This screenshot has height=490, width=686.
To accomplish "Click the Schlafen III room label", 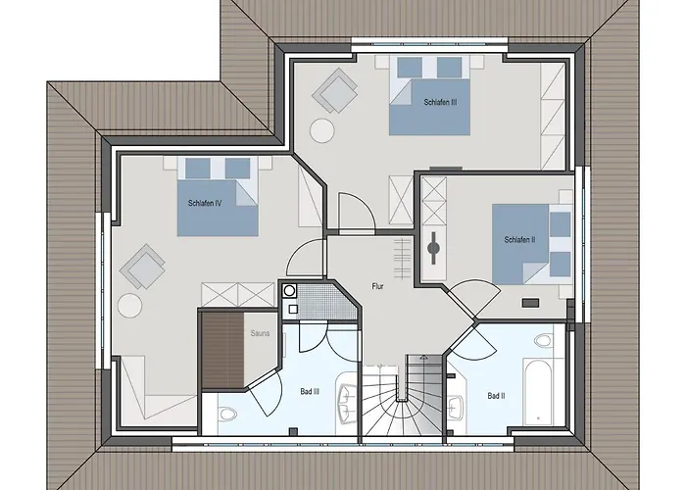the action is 441,102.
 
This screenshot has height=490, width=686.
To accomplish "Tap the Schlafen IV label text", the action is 205,203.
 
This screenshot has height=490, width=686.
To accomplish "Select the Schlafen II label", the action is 519,240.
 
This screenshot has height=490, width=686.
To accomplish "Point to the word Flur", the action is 377,286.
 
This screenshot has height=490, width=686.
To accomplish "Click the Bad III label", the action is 310,392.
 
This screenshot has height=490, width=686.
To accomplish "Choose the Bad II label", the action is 496,396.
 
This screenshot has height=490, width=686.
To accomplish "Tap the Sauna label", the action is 260,333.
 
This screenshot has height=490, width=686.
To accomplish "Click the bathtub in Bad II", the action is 537,392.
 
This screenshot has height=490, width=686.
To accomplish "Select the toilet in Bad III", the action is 226,414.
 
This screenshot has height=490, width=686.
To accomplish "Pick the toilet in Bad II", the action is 543,340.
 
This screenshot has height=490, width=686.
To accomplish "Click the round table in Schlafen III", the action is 322,130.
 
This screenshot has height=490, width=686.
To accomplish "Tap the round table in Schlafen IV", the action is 129,306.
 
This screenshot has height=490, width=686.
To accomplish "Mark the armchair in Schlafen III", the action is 334,90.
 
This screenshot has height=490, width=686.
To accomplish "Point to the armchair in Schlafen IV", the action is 142,267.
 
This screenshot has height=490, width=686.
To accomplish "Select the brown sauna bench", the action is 221,350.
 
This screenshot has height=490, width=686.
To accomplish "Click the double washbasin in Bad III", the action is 347,399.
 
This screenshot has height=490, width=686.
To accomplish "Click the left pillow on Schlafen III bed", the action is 410,68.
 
